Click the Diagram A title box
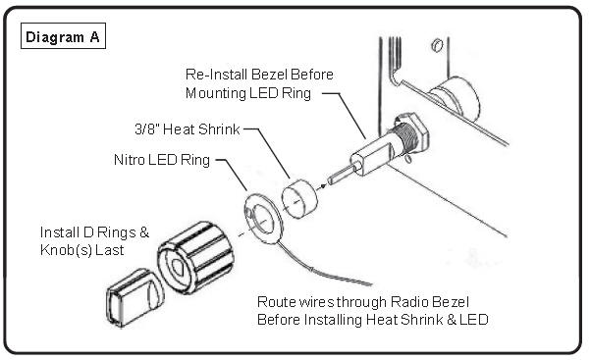[x=63, y=36]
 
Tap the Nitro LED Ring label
[x=162, y=160]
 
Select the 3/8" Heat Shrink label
[x=187, y=129]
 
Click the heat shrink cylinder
[x=299, y=198]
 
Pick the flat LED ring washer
[x=263, y=219]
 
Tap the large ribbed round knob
[x=195, y=257]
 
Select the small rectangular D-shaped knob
[x=134, y=297]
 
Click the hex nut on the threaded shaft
[x=411, y=134]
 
